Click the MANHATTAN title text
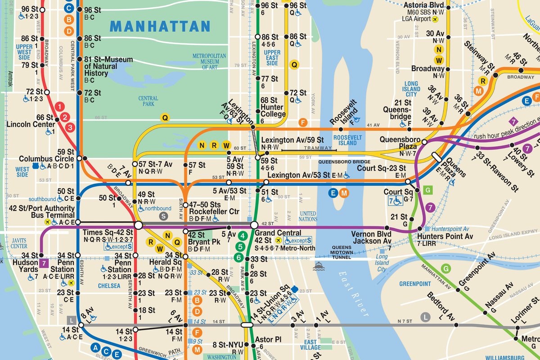(x=160, y=26)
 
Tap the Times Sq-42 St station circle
(x=138, y=225)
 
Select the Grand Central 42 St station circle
(x=254, y=225)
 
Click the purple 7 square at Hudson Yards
(x=44, y=262)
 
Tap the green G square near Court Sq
(x=428, y=189)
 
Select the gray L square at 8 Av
(x=71, y=320)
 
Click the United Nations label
(x=308, y=216)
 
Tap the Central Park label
(x=148, y=101)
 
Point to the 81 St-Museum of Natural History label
(x=108, y=66)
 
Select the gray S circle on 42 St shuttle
(x=164, y=216)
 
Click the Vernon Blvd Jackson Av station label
(x=373, y=237)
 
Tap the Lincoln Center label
(x=30, y=124)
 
